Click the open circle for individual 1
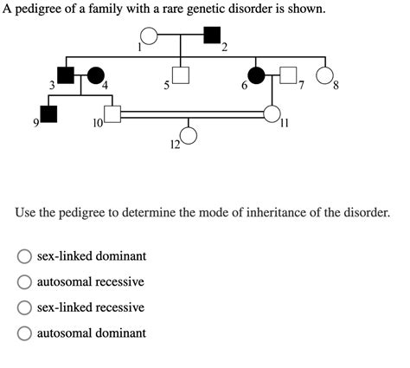coord(149,36)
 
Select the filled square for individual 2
coord(211,36)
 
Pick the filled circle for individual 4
coord(95,75)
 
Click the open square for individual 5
coord(180,75)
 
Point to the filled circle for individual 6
coord(258,75)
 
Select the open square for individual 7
coord(288,75)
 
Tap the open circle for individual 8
coord(325,75)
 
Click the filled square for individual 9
coord(48,113)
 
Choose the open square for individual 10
coord(111,113)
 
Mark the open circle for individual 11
coord(272,113)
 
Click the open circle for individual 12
coord(189,135)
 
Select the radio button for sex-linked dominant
coord(25,256)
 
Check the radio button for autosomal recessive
coord(25,282)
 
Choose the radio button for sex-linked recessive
coord(25,307)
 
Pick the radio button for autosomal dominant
coord(25,333)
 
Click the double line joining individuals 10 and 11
coord(191,113)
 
